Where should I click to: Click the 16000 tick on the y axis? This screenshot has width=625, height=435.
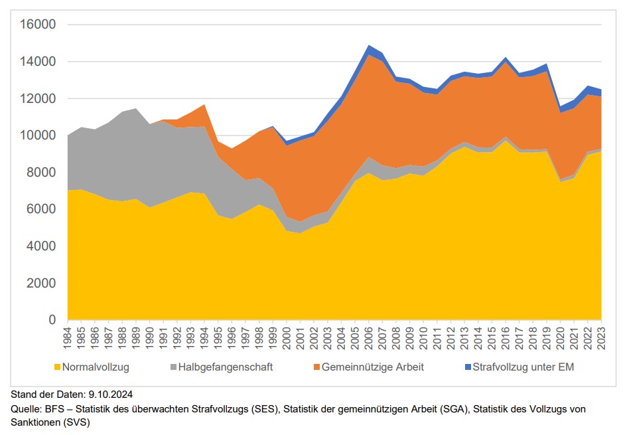[x=39, y=25]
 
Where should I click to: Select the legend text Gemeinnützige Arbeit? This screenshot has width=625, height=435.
[x=372, y=367]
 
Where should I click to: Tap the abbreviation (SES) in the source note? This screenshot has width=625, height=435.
[x=265, y=409]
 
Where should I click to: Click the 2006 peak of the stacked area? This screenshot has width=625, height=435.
[x=368, y=46]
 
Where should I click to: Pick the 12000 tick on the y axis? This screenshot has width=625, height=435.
[x=39, y=99]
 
